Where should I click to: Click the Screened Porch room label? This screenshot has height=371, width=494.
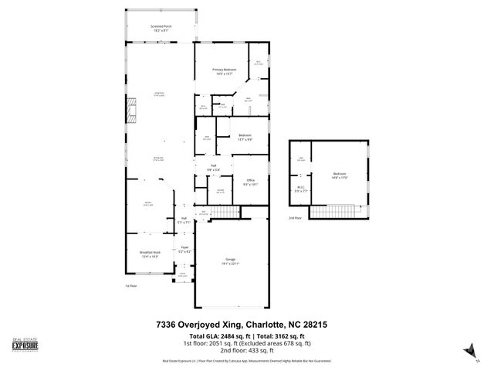[x=161, y=28]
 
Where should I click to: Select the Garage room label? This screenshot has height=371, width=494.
[x=230, y=261]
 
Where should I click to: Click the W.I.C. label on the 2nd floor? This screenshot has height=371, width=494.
[x=301, y=188]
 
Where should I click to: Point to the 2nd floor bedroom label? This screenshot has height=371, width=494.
[x=340, y=175]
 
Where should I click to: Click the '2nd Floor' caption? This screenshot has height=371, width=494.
[x=295, y=219]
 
